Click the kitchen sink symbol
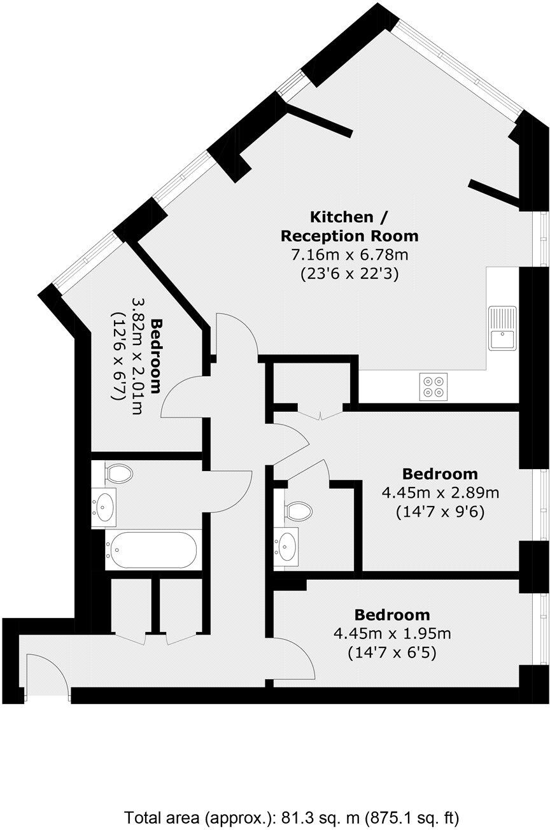(502, 328)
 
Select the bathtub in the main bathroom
(153, 549)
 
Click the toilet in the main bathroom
(118, 473)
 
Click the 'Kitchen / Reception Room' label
(349, 226)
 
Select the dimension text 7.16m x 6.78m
(349, 256)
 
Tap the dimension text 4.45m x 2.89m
(440, 492)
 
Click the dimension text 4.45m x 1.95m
(392, 633)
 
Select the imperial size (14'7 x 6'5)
(392, 652)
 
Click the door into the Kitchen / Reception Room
(236, 335)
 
